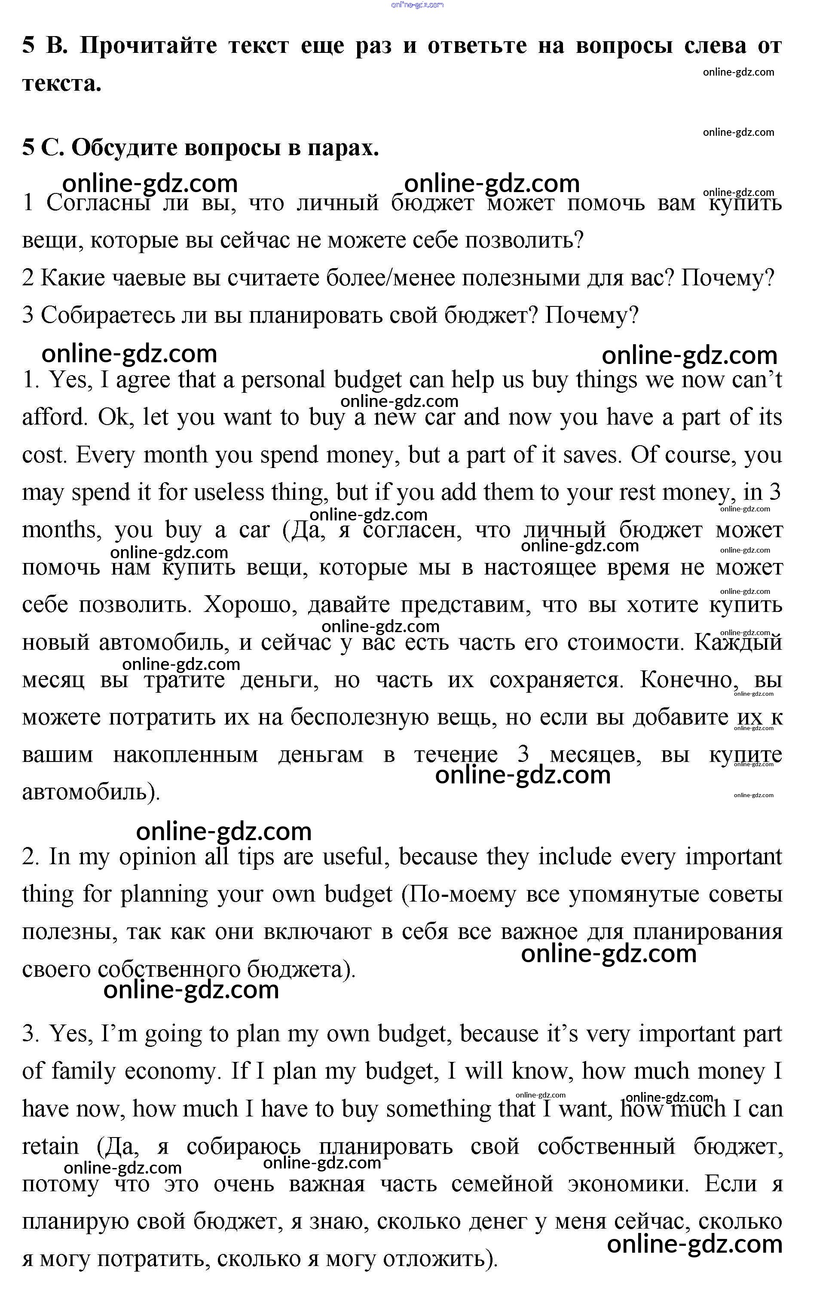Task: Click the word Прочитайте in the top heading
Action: [x=148, y=46]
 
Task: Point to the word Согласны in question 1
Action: [x=98, y=203]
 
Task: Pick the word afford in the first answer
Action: [x=55, y=417]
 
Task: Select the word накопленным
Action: [x=185, y=755]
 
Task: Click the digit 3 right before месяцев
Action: [x=523, y=754]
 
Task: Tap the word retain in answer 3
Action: [x=50, y=1147]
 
